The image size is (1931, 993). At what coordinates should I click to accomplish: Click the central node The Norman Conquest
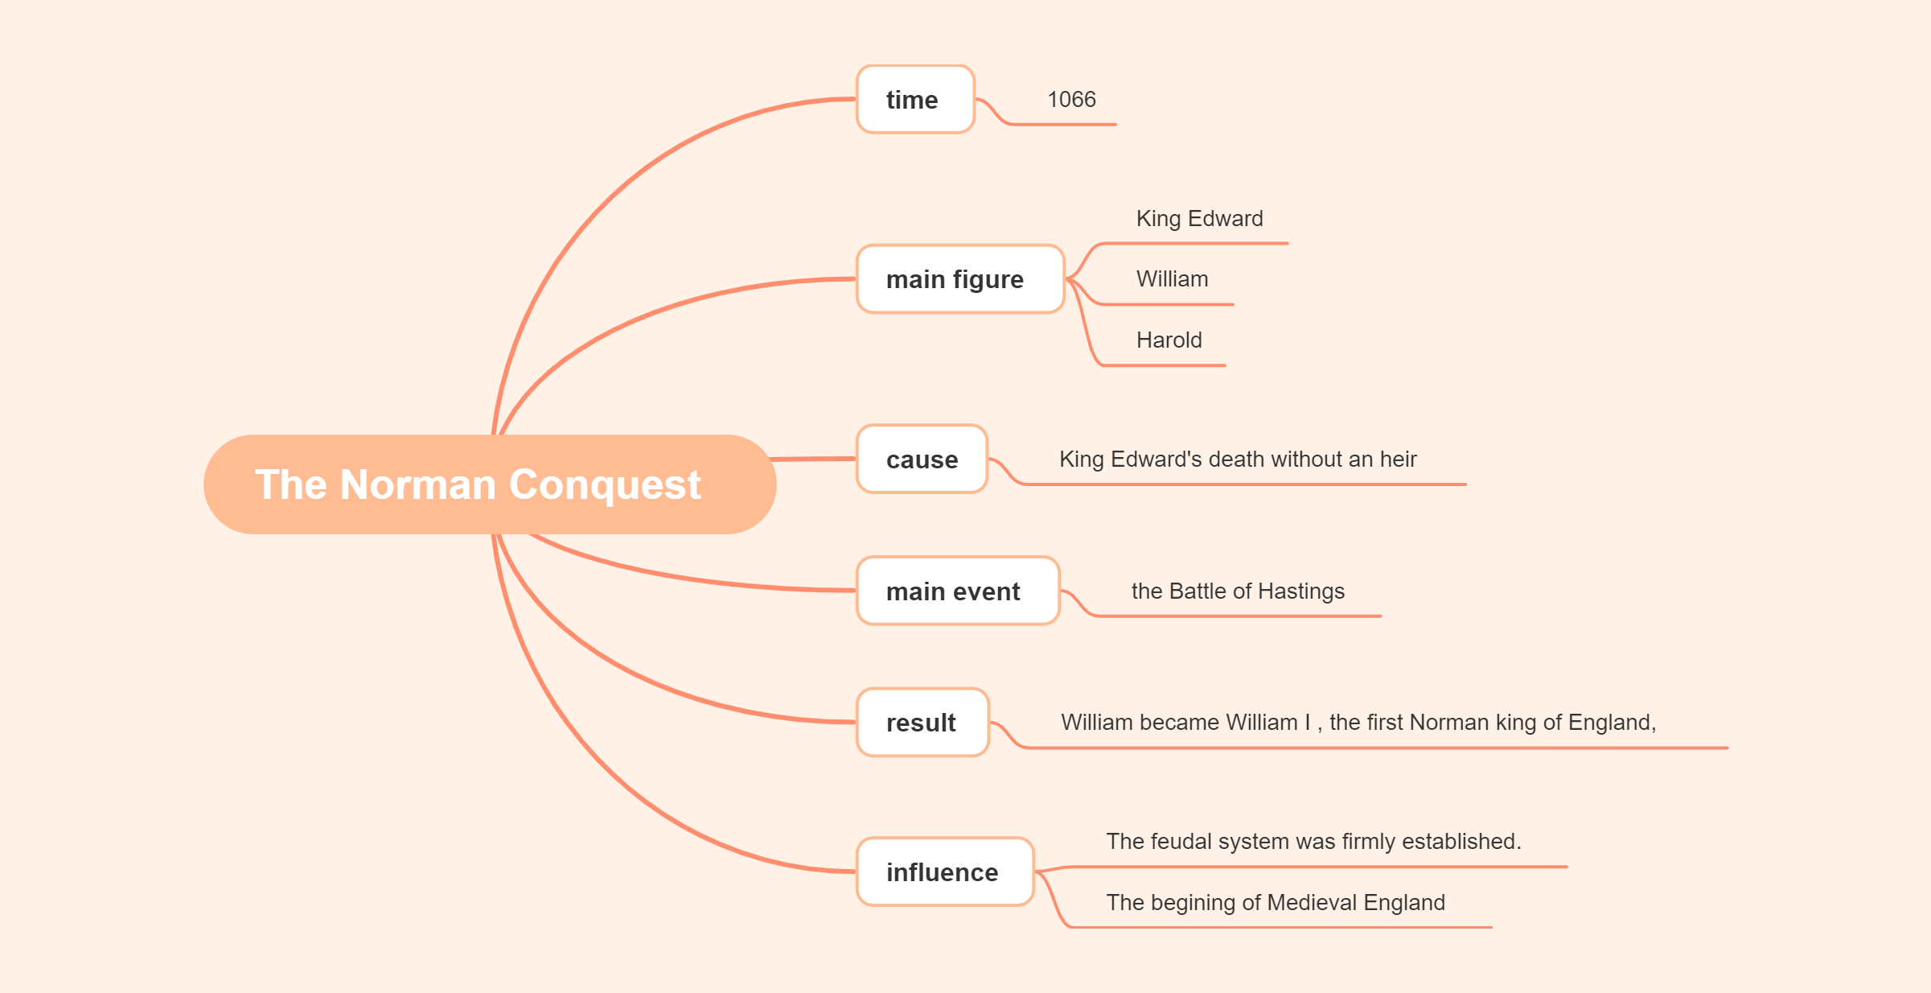[489, 484]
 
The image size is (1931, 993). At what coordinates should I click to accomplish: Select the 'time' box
[915, 100]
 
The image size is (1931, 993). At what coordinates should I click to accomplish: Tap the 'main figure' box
[959, 279]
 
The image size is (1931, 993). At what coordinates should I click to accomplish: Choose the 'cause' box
[922, 459]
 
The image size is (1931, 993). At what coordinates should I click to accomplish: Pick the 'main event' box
[957, 591]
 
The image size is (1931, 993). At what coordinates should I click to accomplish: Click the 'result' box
[922, 723]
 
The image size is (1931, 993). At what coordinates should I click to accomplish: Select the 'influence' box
[944, 872]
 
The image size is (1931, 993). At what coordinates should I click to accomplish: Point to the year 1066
[1071, 100]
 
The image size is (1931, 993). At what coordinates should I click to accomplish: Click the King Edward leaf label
[1199, 219]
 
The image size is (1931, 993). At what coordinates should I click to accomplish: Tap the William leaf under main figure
[1172, 279]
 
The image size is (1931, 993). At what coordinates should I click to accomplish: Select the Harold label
[1169, 340]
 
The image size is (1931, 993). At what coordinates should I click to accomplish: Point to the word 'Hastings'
[1300, 591]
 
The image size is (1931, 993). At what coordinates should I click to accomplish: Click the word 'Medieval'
[1312, 903]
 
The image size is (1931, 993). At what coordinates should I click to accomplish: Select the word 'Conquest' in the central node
[605, 485]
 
